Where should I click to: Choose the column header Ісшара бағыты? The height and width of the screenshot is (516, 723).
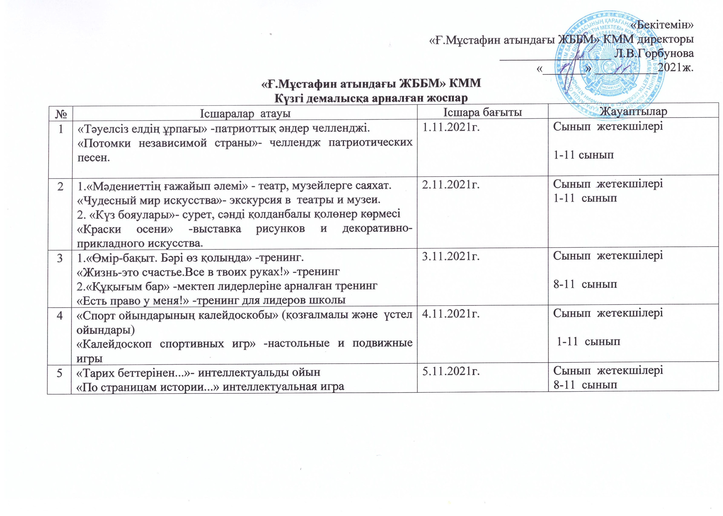(x=482, y=112)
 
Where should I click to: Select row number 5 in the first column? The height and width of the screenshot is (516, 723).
(x=59, y=372)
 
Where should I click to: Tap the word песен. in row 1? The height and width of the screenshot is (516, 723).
(x=94, y=158)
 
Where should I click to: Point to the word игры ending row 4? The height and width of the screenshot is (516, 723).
(x=89, y=358)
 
